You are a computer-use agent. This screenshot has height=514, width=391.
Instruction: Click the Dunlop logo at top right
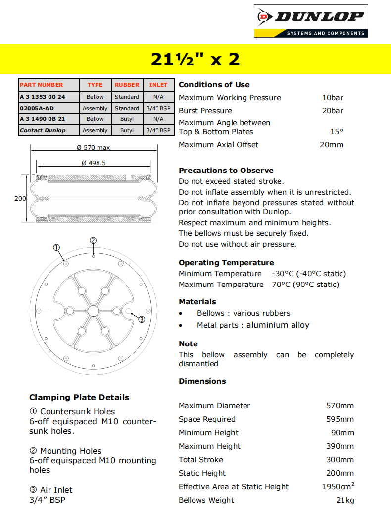point(311,21)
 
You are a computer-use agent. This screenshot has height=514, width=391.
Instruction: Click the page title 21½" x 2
point(195,59)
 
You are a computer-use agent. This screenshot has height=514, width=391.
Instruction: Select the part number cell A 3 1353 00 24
point(42,97)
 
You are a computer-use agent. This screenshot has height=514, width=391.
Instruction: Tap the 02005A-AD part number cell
point(37,108)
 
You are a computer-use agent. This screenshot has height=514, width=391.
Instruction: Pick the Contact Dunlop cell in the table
point(43,130)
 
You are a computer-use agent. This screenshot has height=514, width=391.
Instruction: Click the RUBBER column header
point(127,85)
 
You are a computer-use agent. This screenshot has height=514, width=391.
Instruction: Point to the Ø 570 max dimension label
point(94,147)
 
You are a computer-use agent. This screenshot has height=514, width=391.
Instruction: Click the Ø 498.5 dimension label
point(94,163)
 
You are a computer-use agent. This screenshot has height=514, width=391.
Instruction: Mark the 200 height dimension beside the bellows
point(20,198)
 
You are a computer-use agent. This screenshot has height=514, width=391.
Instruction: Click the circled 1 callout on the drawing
point(56,247)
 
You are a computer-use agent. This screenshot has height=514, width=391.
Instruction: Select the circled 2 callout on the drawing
point(93,241)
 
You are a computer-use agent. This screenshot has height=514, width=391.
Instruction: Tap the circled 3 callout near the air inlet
point(141,319)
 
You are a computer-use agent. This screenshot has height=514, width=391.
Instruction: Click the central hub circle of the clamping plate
point(94,311)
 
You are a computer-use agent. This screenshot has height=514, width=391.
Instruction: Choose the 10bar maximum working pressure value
point(333,98)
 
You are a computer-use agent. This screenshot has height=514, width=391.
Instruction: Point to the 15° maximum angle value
point(337,132)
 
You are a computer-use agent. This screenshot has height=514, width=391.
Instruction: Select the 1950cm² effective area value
point(338,487)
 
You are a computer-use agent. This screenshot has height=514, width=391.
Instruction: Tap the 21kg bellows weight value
point(345,500)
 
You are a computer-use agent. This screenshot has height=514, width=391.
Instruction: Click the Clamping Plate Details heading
point(79,397)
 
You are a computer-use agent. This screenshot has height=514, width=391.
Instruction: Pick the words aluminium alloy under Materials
point(278,325)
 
